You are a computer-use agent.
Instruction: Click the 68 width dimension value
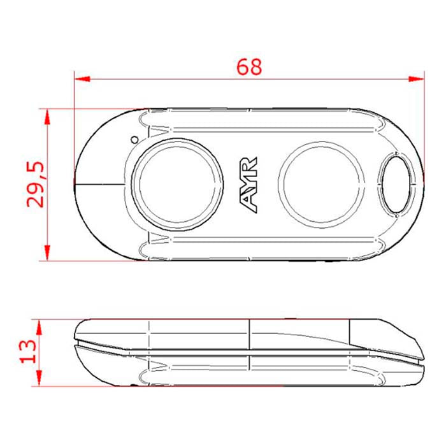[x=248, y=67]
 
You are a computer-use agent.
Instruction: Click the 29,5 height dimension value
[x=36, y=185]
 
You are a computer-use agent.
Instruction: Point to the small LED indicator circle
[x=134, y=138]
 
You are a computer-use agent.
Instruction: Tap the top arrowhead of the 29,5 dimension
[x=47, y=115]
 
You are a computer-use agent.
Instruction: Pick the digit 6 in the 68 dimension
[x=242, y=67]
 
